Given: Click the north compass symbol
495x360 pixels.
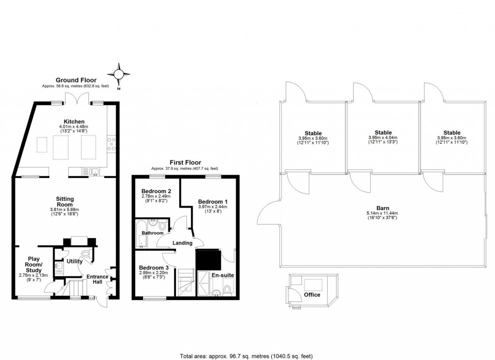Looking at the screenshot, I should [x=119, y=74].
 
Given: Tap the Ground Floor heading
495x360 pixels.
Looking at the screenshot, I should [x=76, y=80].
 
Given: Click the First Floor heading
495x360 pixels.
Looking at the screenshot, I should [x=185, y=163].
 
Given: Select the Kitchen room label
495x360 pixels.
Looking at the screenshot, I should [x=74, y=121].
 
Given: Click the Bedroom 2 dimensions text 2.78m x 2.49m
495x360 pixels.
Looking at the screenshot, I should [x=156, y=196].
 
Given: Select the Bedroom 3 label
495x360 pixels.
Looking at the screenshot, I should [x=154, y=268].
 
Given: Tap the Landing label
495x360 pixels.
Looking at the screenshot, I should [x=183, y=243].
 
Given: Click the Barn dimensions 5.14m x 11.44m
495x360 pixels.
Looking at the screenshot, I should [x=382, y=213].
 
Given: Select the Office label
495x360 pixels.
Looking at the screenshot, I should [x=312, y=294].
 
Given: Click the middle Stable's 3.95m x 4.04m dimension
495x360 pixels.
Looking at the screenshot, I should [x=383, y=137].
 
